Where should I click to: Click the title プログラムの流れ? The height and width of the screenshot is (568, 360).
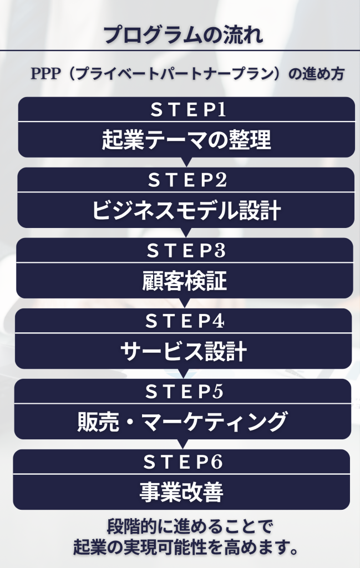[183, 34]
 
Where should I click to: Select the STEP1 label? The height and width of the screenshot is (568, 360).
[187, 110]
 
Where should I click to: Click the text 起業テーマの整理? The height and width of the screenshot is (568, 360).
[186, 140]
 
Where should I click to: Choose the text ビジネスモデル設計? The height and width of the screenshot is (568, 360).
[186, 211]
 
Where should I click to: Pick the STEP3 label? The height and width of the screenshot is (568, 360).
[185, 251]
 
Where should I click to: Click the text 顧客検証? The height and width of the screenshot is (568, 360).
[185, 282]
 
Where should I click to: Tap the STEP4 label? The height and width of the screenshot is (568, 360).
[184, 321]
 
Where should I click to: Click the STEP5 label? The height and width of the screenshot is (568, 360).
[184, 392]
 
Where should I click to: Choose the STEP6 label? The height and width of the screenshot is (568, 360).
[182, 461]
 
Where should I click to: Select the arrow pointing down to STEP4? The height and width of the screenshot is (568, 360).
[185, 303]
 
